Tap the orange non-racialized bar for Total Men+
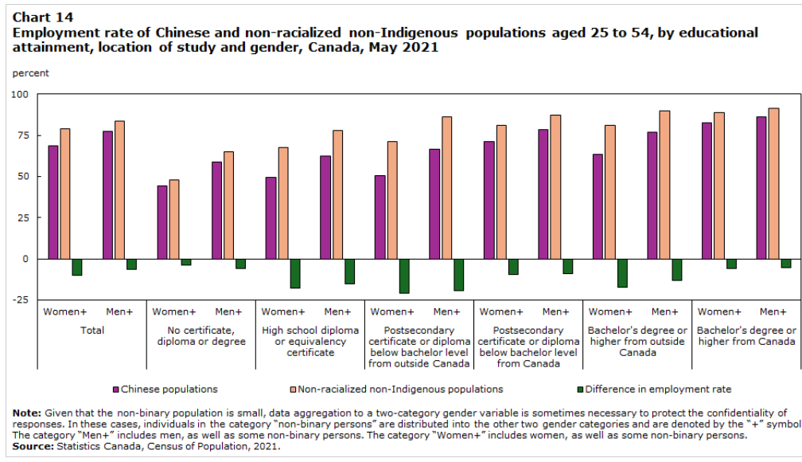pos(119,190)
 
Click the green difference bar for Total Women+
pos(77,267)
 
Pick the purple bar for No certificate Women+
pos(162,222)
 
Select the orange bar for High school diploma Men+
pos(337,194)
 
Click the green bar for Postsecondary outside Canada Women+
pos(404,276)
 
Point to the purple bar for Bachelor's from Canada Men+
pos(761,188)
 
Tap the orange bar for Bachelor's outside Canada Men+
pos(664,185)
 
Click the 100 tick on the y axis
pos(18,95)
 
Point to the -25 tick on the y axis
pos(18,300)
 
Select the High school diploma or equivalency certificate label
pos(310,341)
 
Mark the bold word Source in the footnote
pos(32,447)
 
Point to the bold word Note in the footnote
pos(27,413)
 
